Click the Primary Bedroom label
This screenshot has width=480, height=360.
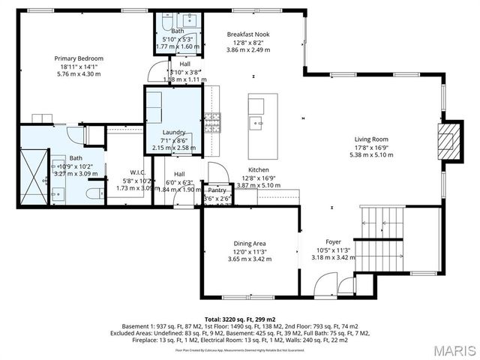coord(78,58)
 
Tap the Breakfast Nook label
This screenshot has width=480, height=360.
coord(248,34)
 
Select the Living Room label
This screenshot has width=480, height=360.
coord(370,139)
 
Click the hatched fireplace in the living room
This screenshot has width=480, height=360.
coord(448,140)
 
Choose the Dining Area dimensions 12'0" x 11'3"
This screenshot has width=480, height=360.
coord(249,251)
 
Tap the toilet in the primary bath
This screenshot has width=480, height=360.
coord(94,193)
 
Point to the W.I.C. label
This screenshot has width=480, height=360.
coord(136,172)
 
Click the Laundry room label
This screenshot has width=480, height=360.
coord(173,133)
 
